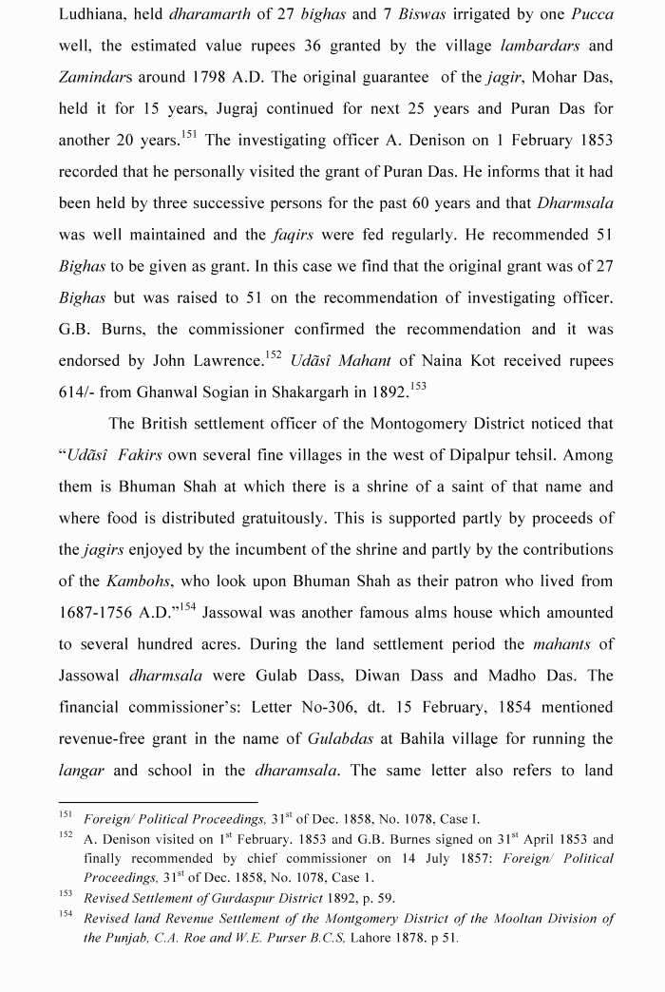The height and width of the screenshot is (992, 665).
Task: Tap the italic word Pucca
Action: coord(592,14)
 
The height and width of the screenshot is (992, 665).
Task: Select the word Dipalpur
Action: coord(481,455)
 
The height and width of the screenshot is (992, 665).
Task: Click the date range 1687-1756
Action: coord(102,613)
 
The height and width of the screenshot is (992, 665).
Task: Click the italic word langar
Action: coord(82,771)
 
